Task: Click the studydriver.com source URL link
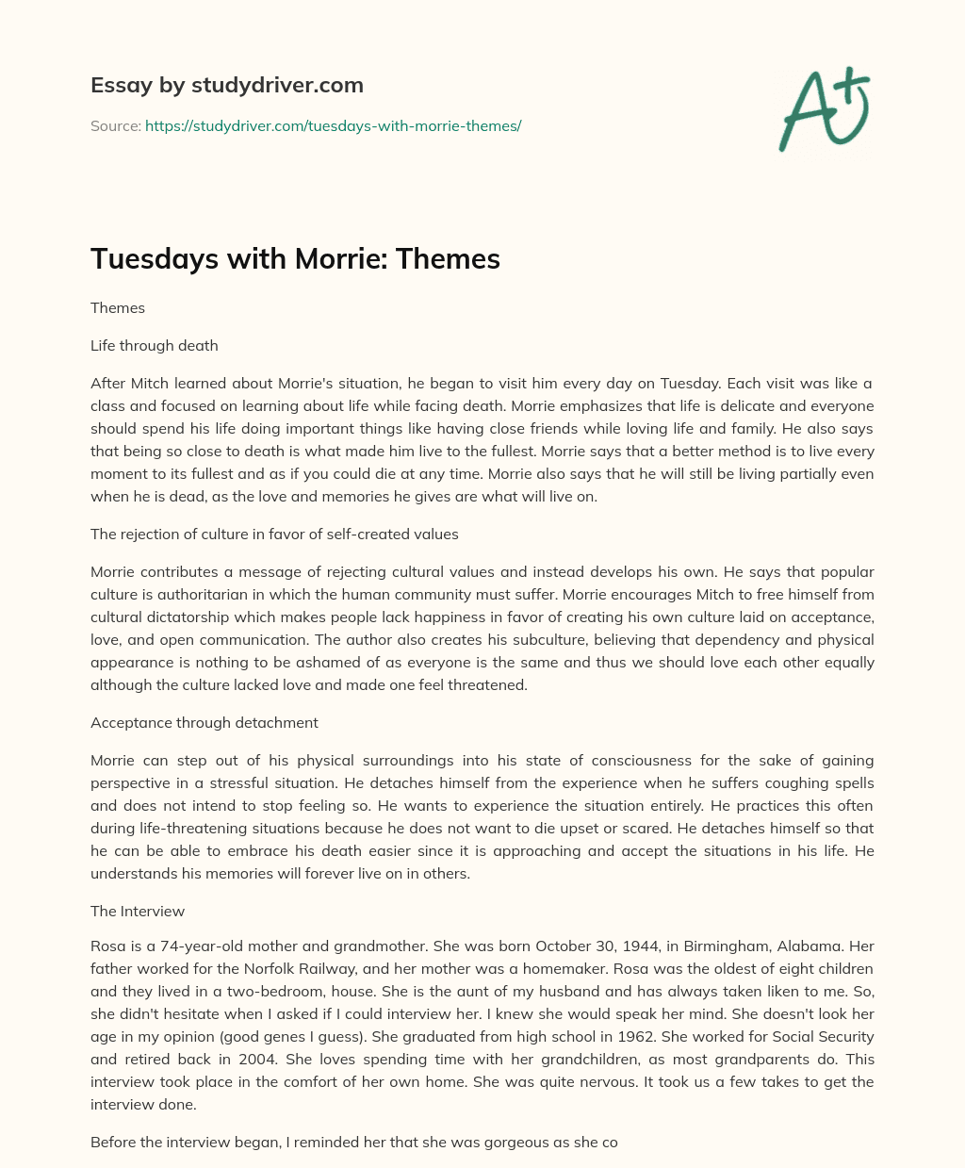[x=333, y=125]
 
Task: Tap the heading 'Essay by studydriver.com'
[x=227, y=85]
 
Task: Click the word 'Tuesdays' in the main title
[x=154, y=258]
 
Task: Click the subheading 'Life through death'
[x=155, y=345]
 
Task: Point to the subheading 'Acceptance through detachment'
[x=204, y=722]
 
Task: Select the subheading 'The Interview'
[x=138, y=911]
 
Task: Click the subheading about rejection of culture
[x=274, y=534]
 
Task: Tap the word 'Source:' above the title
[x=116, y=125]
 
